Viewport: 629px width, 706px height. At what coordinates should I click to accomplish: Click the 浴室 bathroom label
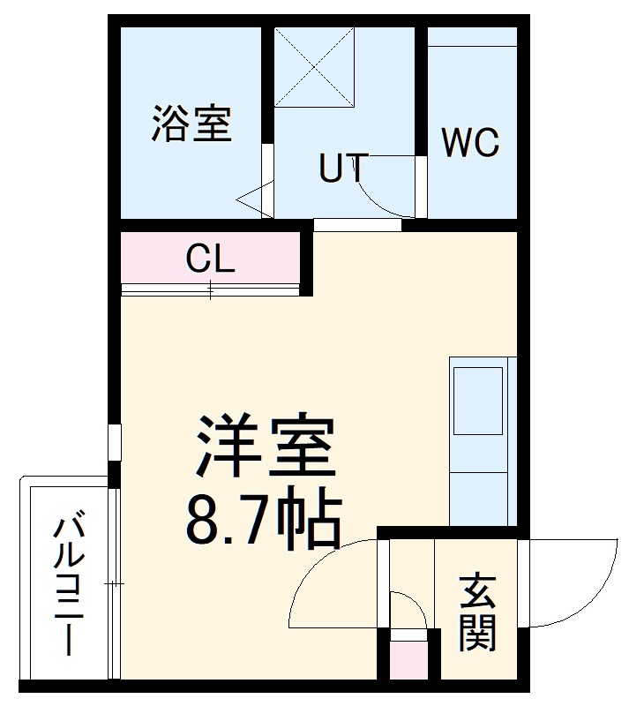[191, 124]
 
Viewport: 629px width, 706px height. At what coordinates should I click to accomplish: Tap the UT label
[342, 169]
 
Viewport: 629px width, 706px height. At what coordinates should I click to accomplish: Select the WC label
[470, 142]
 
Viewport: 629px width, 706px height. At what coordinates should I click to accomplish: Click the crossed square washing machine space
[313, 67]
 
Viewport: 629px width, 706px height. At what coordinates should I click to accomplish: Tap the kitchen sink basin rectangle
[477, 400]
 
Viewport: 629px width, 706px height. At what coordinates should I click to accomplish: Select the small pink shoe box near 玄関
[407, 660]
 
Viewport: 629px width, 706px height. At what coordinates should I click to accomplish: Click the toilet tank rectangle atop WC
[472, 36]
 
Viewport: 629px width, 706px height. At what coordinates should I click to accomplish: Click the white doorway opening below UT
[357, 224]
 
